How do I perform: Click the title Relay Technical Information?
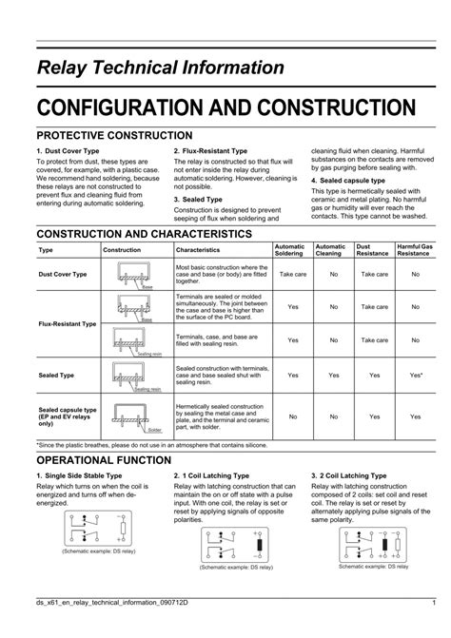(161, 68)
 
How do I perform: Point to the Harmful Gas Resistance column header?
(415, 249)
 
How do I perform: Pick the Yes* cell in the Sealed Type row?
(415, 376)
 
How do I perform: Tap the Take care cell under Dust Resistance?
(374, 274)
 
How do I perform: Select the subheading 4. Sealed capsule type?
(347, 180)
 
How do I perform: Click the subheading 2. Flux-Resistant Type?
(210, 150)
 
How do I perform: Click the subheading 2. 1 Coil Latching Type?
(211, 474)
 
